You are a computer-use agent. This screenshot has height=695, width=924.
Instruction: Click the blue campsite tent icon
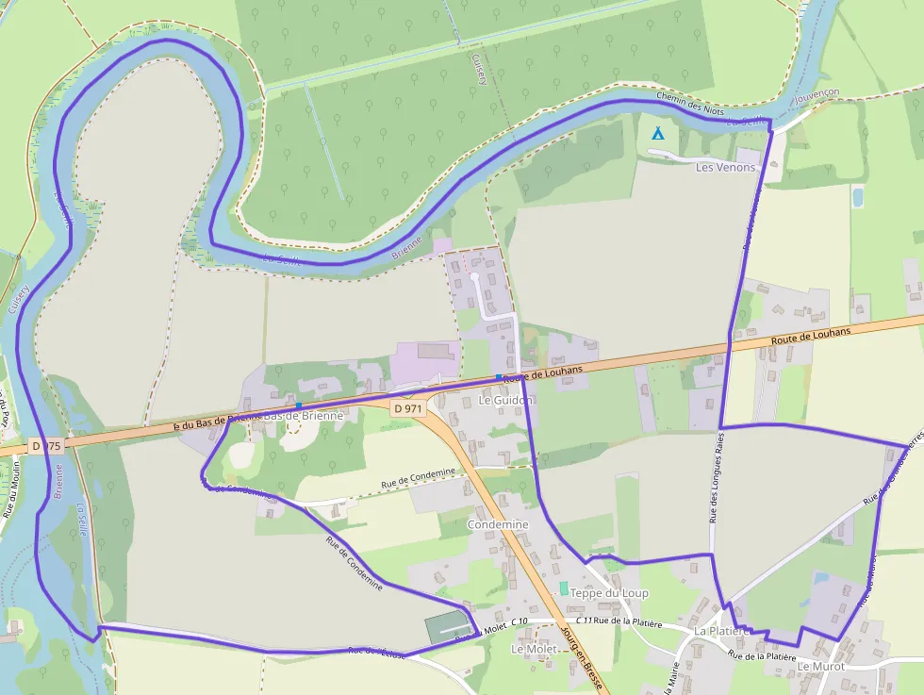coord(658,134)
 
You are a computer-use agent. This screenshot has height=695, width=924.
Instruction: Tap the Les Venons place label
coord(725,167)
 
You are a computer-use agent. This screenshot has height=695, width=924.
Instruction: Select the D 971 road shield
coord(409,408)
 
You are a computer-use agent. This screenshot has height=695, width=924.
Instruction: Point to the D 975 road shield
coord(46,445)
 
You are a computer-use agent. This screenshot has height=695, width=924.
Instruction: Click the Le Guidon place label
coord(505,400)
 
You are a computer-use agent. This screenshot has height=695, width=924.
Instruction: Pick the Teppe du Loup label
coord(609,593)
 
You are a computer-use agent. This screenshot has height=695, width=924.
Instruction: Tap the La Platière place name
coord(720,630)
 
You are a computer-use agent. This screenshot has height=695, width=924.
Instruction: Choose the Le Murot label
coord(821,666)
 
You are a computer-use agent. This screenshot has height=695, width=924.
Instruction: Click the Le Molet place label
coord(533,649)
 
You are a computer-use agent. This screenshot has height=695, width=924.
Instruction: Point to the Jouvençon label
coord(817,97)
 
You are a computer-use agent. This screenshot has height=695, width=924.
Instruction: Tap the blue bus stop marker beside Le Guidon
coord(499,377)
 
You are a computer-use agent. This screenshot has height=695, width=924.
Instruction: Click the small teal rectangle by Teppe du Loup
coord(564,587)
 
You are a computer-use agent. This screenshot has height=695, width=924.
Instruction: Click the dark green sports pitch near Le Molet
coord(447,628)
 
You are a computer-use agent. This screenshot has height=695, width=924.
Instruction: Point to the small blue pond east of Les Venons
coord(857,197)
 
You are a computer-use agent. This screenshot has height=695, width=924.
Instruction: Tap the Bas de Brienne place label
coord(304,416)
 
